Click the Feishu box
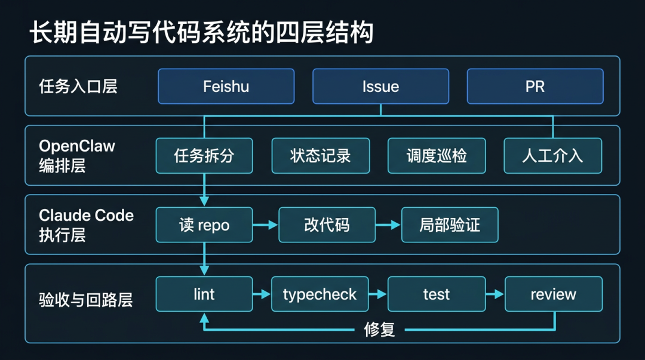click(x=226, y=87)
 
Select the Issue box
click(x=380, y=87)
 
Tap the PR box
click(x=535, y=87)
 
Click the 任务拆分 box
click(x=204, y=156)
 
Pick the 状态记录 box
click(x=321, y=156)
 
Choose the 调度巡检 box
click(x=437, y=156)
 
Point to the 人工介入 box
click(x=552, y=156)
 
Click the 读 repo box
click(x=204, y=225)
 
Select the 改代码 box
click(x=327, y=225)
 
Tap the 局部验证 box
click(x=449, y=225)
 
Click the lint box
click(x=204, y=294)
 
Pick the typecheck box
click(x=320, y=294)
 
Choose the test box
click(x=436, y=294)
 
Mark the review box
click(x=553, y=294)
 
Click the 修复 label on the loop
click(x=380, y=330)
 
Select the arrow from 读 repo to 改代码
click(x=266, y=225)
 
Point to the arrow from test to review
click(x=494, y=294)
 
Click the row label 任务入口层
click(x=78, y=87)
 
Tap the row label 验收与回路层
click(x=85, y=300)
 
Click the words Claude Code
click(x=86, y=216)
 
